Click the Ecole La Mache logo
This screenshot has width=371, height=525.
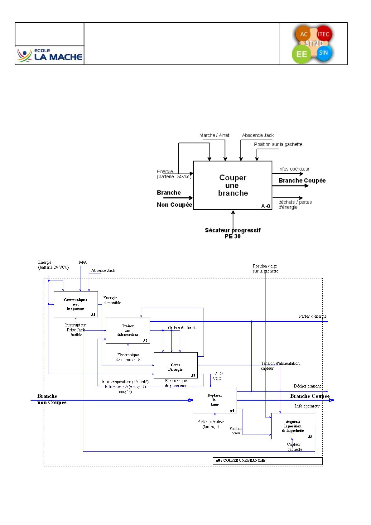click(50, 55)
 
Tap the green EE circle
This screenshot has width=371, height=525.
click(301, 54)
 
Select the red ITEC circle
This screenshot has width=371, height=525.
click(323, 34)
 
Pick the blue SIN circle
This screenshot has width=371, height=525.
click(323, 53)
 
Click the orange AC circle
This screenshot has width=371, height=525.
click(303, 34)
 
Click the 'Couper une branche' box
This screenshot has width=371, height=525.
click(233, 185)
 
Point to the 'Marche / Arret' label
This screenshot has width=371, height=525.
click(214, 135)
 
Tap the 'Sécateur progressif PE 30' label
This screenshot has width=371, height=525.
click(233, 233)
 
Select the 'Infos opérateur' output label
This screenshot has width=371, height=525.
click(294, 169)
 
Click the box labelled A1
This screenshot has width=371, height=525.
click(76, 304)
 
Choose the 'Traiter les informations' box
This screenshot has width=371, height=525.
click(128, 330)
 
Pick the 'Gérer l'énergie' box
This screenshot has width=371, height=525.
click(176, 365)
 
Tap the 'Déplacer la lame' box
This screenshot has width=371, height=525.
click(215, 400)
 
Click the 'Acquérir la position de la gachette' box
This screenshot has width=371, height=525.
click(293, 426)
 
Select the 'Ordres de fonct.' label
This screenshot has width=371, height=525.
click(182, 328)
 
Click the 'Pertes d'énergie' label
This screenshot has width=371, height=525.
click(313, 316)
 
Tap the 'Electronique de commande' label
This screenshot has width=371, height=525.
click(128, 357)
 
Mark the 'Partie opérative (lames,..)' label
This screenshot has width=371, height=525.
click(210, 424)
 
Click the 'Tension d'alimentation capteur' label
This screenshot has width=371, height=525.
click(280, 366)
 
